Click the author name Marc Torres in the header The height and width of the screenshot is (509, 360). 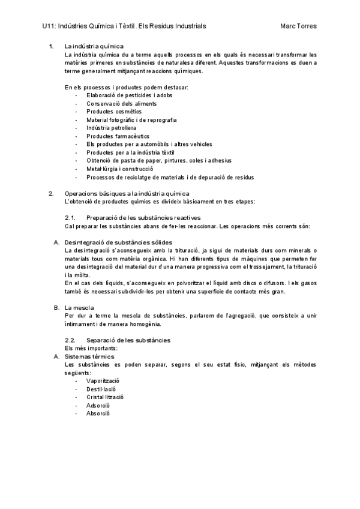coord(298,26)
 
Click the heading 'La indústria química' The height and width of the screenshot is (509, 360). coord(94,46)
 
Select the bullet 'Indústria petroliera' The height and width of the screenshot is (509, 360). coord(111,128)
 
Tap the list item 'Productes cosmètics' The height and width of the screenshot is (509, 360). coord(114,112)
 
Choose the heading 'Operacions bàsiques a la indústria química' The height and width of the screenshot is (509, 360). coord(127,193)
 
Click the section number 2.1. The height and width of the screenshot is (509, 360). coord(69,217)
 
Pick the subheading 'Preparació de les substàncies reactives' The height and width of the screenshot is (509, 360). coord(143,217)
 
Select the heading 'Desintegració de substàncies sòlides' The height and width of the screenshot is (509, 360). coord(118,242)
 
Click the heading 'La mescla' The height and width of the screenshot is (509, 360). coord(79,307)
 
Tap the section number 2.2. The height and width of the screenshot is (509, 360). coord(69,340)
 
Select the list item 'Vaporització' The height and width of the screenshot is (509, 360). coord(103,381)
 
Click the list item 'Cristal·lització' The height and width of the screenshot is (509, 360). coord(105,397)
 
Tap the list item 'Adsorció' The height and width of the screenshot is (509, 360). coord(98,406)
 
